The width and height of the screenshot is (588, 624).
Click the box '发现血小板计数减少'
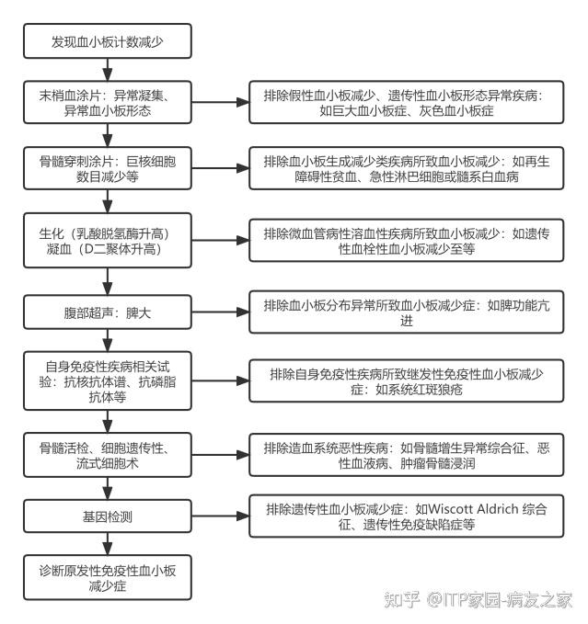[x=108, y=42]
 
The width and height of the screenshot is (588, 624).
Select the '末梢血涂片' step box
[x=108, y=103]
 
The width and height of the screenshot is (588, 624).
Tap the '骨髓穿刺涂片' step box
[x=108, y=170]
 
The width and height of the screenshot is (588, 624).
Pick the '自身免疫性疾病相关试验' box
[x=108, y=378]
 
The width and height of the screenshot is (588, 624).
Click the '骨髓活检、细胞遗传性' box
[x=108, y=453]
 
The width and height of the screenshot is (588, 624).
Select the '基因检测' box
[x=108, y=516]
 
